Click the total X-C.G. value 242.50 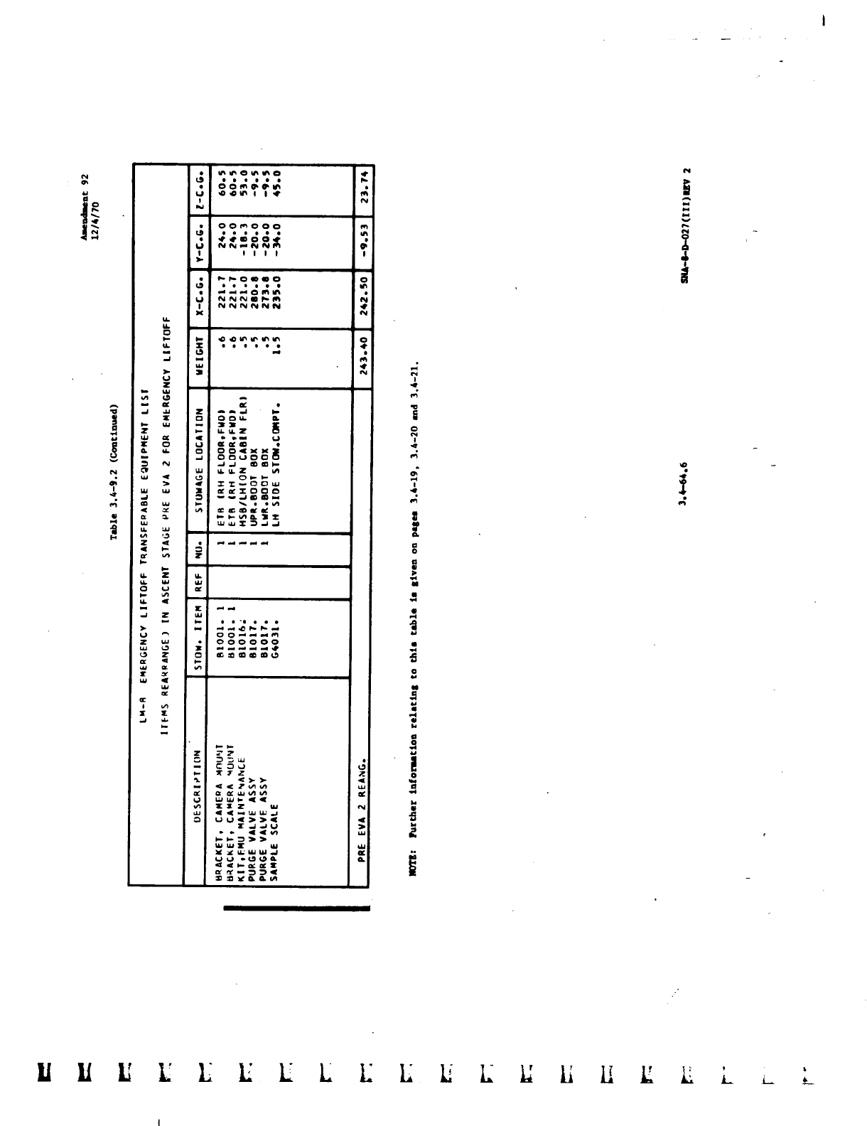[x=362, y=299]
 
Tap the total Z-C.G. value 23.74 [x=362, y=191]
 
